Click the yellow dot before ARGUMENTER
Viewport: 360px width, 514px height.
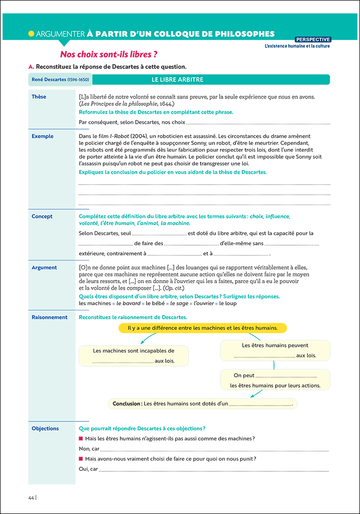point(31,34)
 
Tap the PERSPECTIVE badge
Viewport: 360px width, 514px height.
point(313,40)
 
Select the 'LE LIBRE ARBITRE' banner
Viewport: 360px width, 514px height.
point(177,80)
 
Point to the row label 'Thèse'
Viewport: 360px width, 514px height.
point(39,97)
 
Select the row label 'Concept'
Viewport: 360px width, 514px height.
point(42,216)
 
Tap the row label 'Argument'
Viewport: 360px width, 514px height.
point(44,268)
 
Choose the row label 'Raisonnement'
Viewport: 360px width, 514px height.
point(49,317)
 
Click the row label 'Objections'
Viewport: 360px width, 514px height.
point(45,428)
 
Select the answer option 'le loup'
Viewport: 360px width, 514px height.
point(228,303)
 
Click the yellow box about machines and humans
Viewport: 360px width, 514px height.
point(203,328)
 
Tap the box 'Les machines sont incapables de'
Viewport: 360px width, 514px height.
point(134,356)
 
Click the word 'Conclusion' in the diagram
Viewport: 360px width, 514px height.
point(127,404)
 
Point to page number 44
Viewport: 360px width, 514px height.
point(31,497)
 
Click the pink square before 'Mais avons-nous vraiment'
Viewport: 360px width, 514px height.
point(81,458)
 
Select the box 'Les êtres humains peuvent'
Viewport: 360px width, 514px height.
point(275,350)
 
